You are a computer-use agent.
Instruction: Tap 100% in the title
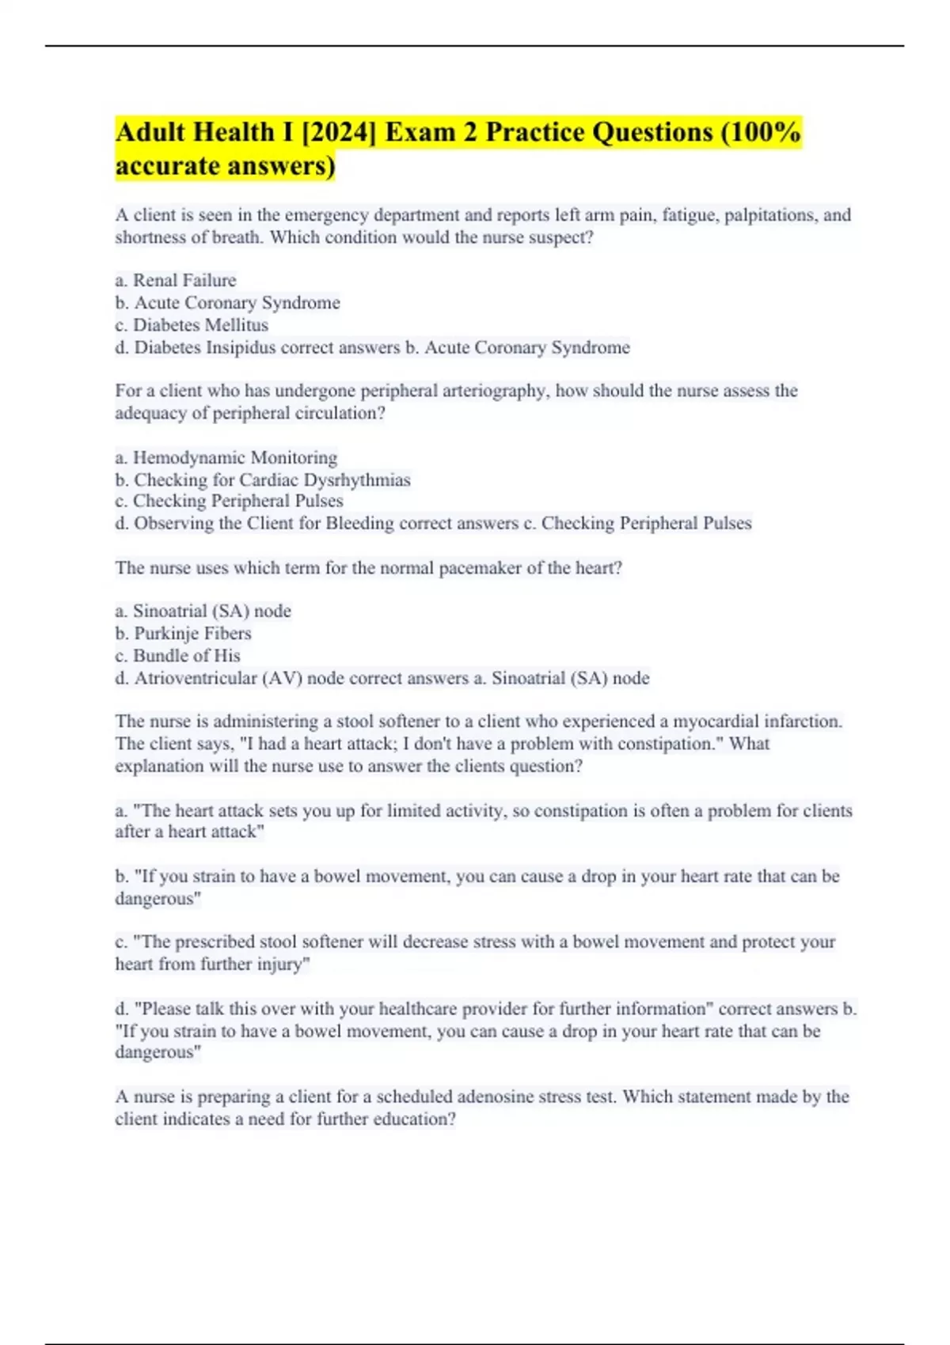766,132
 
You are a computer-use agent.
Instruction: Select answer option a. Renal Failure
176,280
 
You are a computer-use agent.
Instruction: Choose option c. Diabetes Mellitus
192,324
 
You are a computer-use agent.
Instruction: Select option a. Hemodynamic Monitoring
226,457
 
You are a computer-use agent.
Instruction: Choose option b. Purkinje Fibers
184,633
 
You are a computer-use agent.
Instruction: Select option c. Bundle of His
178,655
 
